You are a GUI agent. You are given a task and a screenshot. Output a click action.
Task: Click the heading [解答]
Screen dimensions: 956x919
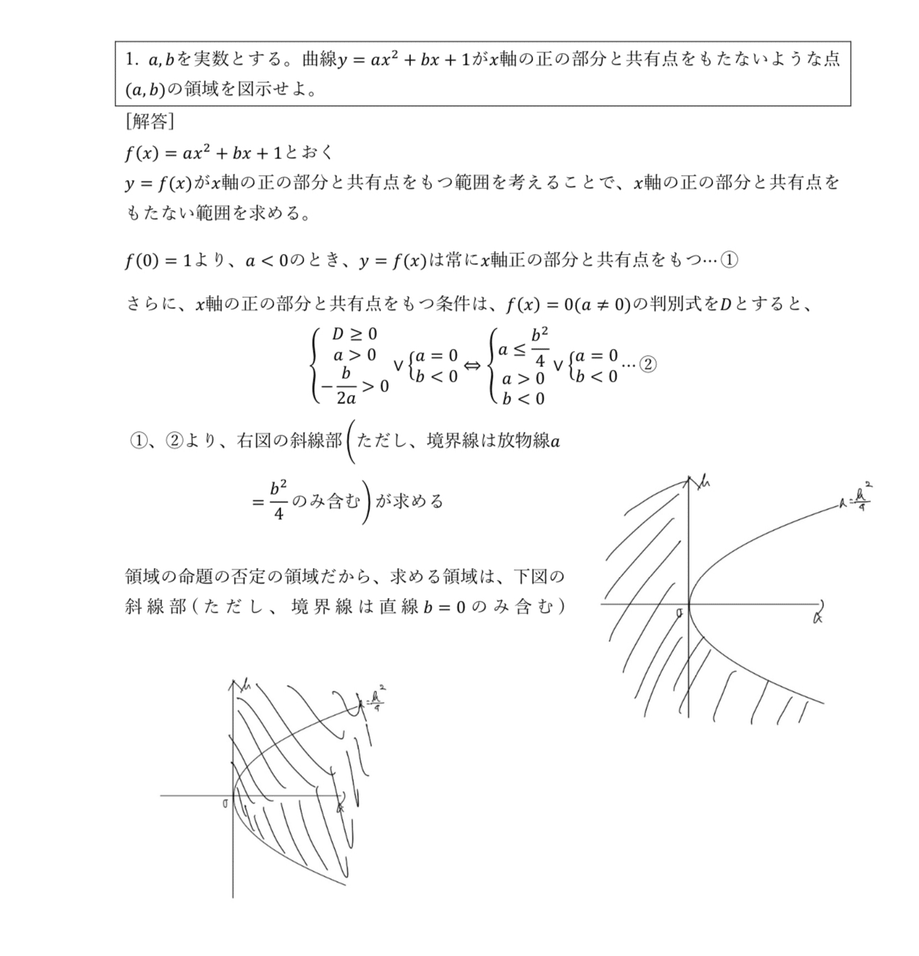149,122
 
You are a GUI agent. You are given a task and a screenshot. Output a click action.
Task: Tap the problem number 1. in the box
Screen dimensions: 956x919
133,59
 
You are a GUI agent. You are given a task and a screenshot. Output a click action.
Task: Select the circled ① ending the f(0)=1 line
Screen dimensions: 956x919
729,260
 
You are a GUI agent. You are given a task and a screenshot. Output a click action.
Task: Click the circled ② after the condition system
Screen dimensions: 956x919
648,365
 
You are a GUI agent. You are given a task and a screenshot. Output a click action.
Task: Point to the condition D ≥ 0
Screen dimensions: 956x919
354,334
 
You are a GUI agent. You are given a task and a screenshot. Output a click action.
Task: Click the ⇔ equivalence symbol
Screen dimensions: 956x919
472,366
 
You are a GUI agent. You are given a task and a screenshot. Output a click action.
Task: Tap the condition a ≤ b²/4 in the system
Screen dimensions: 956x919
523,347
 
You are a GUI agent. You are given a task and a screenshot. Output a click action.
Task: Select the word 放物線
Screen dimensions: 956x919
523,441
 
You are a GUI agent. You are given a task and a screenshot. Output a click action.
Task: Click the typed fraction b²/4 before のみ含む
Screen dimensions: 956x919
278,500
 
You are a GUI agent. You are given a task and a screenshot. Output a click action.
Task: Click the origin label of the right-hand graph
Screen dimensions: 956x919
679,613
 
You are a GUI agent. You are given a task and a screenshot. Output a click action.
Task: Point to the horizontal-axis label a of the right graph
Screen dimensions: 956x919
818,615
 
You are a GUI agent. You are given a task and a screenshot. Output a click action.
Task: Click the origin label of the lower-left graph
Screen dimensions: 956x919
225,804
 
